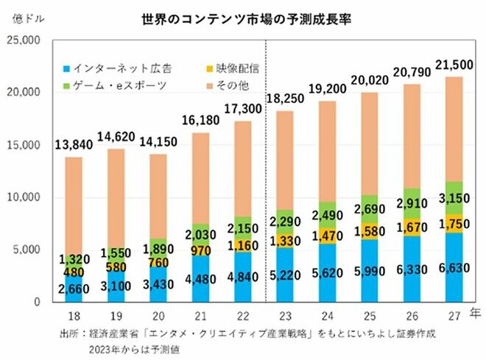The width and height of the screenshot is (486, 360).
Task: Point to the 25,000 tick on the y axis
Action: coord(28,40)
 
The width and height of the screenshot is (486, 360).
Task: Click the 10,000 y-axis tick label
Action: coord(28,197)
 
